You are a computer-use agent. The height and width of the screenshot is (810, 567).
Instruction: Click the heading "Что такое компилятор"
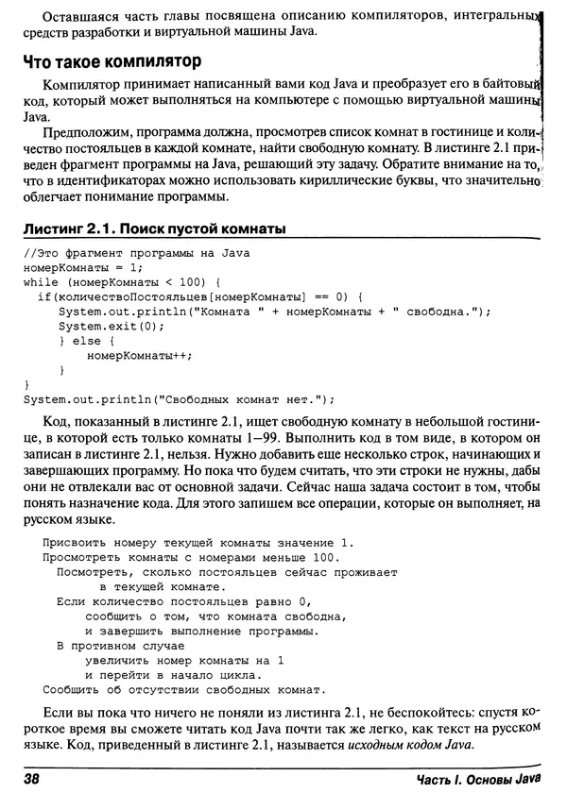pos(112,63)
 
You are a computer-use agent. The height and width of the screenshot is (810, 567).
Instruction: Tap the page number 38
pos(33,779)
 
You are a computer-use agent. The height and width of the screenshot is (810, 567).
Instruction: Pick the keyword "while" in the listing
pos(39,281)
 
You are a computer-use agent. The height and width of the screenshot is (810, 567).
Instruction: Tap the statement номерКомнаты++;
pos(139,356)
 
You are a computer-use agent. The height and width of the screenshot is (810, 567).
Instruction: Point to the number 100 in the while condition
pos(182,281)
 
